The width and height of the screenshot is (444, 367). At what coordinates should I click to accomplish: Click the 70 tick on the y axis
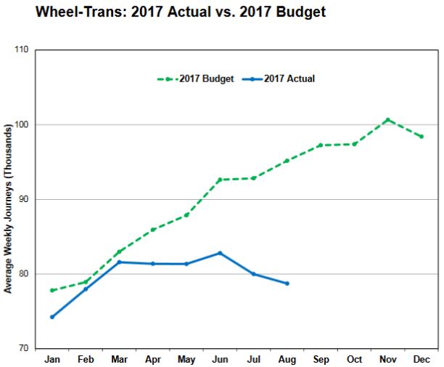[22, 349]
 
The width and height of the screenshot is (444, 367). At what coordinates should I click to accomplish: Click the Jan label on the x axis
[52, 360]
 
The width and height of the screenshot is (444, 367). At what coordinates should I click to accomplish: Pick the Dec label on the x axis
[421, 360]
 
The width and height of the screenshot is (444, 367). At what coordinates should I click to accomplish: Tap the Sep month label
[321, 360]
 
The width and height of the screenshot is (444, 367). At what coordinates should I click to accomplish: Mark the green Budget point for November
[387, 120]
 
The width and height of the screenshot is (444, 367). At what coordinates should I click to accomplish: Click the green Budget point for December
[421, 137]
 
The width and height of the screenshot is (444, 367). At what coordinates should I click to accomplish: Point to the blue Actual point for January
[52, 317]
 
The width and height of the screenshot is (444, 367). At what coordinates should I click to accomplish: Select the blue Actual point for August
[287, 283]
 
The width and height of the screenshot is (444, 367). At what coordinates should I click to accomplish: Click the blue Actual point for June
[220, 253]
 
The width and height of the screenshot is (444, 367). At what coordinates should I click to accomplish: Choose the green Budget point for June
[220, 180]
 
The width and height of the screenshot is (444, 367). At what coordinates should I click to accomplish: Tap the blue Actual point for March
[119, 262]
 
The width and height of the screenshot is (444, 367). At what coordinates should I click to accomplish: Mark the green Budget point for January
[52, 290]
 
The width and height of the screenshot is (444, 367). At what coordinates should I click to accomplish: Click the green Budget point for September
[321, 145]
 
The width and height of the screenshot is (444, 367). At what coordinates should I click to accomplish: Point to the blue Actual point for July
[253, 274]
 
